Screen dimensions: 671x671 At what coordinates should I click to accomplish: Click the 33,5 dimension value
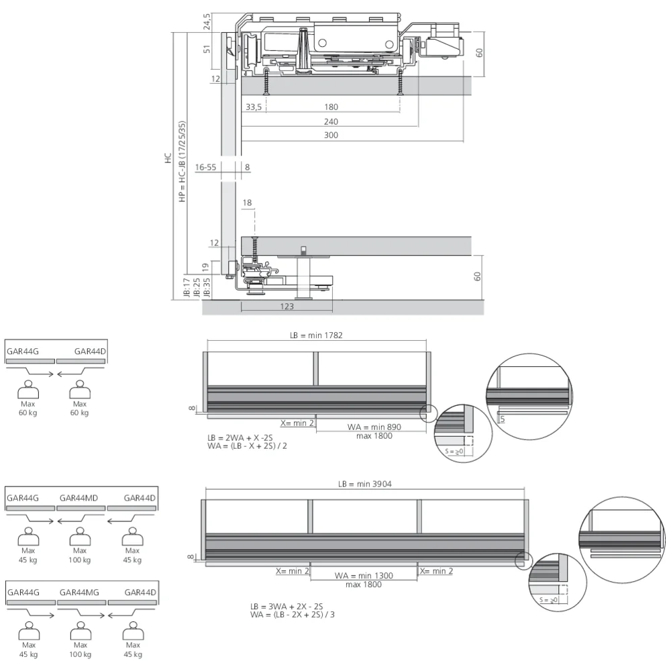(254, 107)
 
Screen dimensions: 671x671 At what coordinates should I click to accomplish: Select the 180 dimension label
(331, 107)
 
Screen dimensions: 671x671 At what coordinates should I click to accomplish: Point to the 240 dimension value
(331, 122)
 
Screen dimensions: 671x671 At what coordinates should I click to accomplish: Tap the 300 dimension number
(331, 136)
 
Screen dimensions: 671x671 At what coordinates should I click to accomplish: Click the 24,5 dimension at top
(207, 21)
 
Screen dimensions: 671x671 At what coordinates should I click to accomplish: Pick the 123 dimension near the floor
(287, 307)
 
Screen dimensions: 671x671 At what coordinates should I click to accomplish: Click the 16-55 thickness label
(206, 168)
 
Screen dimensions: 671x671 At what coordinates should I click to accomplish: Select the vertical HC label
(168, 159)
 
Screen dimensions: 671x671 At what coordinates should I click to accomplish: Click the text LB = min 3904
(364, 484)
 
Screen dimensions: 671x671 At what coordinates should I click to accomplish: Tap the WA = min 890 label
(374, 427)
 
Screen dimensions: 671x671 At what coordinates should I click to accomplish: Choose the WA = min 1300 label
(364, 575)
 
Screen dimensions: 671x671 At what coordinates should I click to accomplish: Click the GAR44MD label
(79, 498)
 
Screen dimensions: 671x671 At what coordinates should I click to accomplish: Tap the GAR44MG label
(79, 592)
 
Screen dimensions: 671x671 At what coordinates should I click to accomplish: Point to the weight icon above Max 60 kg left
(28, 388)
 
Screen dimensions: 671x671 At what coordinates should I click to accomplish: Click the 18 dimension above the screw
(248, 203)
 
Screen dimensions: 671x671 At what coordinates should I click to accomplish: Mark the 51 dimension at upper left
(207, 49)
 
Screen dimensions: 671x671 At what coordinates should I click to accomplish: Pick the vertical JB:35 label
(197, 288)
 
